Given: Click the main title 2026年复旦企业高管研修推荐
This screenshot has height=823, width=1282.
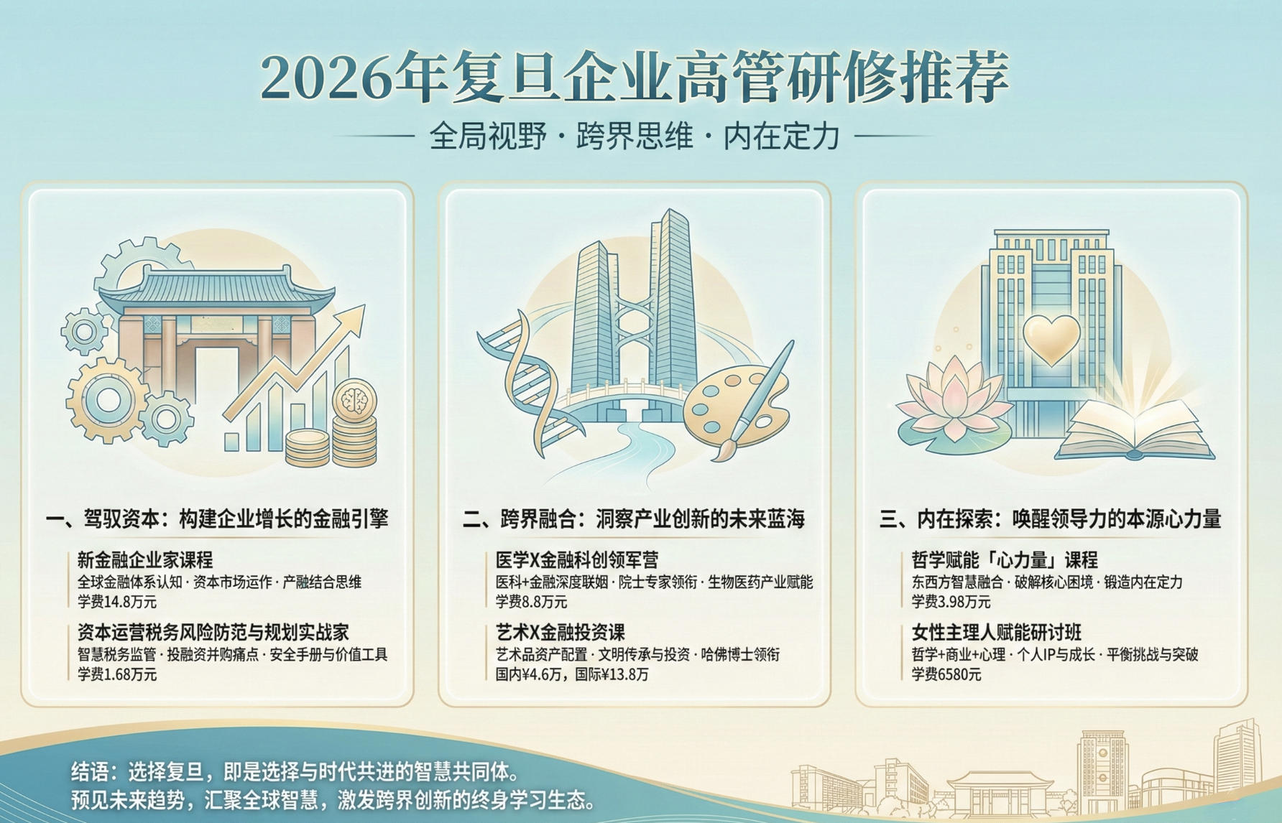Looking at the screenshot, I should pos(635,76).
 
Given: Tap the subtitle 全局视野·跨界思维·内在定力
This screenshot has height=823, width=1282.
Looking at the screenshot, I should pos(635,136).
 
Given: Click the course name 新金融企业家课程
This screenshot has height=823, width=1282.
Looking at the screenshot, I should pos(145,559).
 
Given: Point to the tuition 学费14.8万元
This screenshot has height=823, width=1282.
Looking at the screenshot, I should pos(117,601).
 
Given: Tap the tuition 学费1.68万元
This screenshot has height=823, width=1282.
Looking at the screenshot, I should pos(117,674).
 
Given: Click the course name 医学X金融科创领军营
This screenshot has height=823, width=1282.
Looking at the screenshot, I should pos(577,559).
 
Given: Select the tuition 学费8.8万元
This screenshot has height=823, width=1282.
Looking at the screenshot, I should pos(531,601).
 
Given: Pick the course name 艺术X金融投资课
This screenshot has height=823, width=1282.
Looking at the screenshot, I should pos(561,632).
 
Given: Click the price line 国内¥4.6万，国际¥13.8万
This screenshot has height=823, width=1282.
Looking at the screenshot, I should pos(572,674).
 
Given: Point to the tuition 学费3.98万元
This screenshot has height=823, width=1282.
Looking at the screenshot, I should pos(951,601).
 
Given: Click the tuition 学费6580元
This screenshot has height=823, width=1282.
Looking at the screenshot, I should pos(946,674).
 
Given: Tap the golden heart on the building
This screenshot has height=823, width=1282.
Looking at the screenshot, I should pos(1051,338).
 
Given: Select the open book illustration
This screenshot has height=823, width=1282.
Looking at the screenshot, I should pos(1134,432).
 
